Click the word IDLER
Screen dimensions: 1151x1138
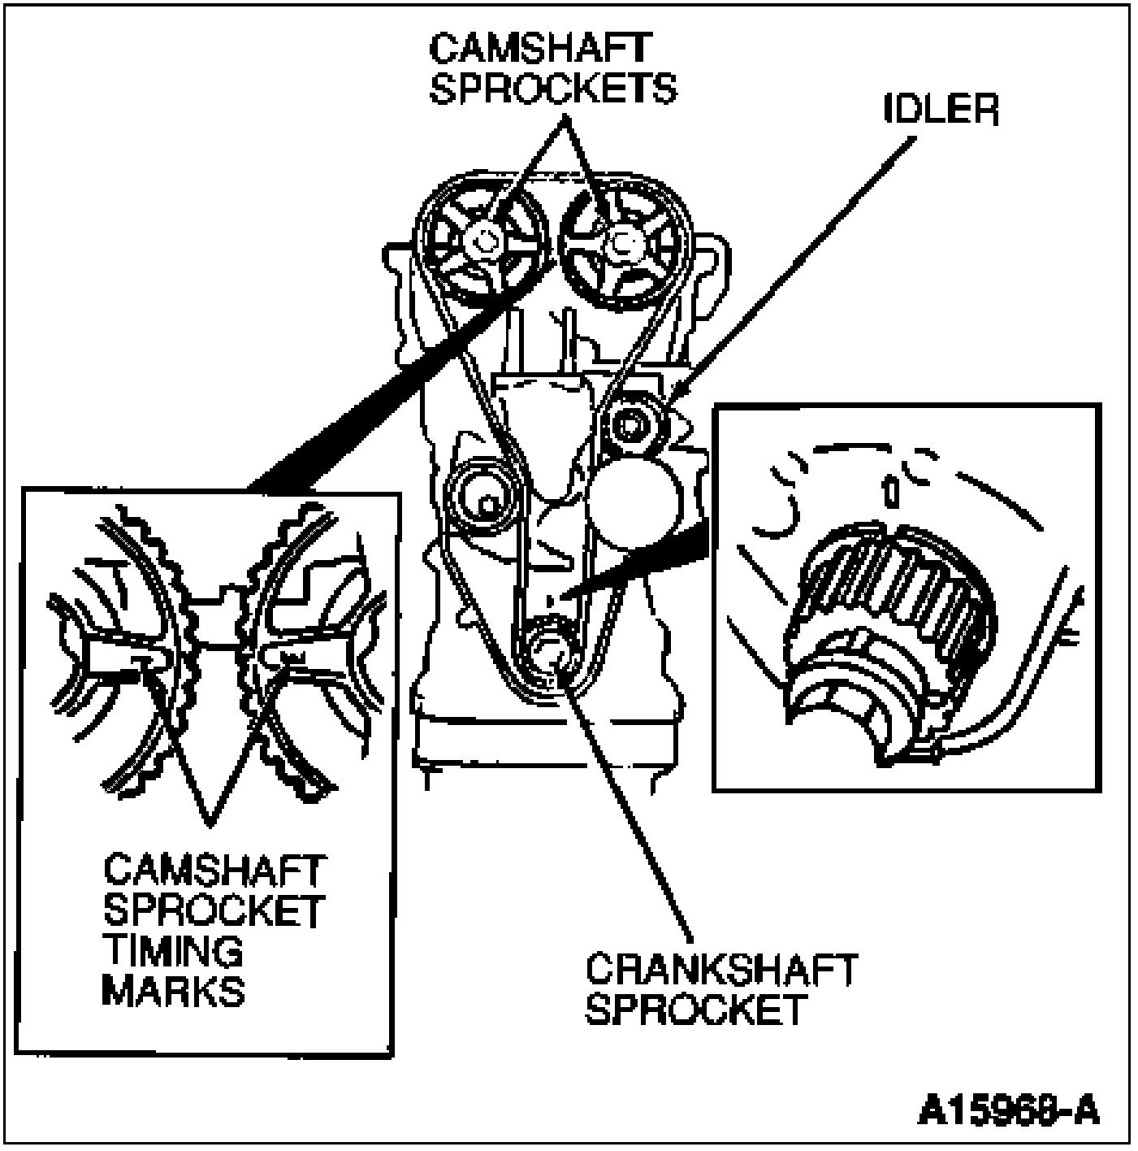(941, 110)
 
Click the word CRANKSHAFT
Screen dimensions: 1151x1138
(721, 970)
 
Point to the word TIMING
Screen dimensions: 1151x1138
(172, 951)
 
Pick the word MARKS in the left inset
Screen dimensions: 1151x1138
(173, 991)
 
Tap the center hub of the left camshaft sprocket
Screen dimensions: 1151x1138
(486, 240)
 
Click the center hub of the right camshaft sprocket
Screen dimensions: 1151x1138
(621, 241)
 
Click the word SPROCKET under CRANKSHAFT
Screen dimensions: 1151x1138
(695, 1010)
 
